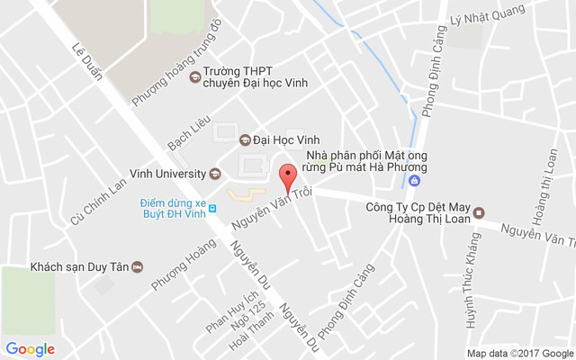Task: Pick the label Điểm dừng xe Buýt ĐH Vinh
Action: click(173, 209)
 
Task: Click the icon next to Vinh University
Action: click(215, 174)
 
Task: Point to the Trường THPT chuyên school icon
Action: click(193, 76)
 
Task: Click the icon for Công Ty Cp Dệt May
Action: click(479, 213)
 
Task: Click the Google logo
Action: click(31, 349)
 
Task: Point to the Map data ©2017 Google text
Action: click(518, 352)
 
